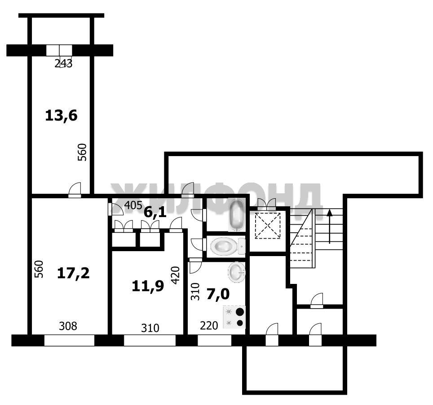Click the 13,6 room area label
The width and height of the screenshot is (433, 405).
click(61, 116)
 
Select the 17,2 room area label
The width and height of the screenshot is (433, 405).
click(73, 273)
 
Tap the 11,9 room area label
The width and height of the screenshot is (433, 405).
click(148, 286)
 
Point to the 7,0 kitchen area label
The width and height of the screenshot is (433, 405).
click(218, 295)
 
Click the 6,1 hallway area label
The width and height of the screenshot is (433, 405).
click(155, 212)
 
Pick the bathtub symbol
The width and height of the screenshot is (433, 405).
click(237, 215)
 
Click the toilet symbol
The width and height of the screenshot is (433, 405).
click(228, 246)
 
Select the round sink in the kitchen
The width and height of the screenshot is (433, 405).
click(237, 272)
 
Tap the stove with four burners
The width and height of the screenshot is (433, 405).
click(234, 317)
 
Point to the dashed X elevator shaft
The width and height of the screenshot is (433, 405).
click(268, 226)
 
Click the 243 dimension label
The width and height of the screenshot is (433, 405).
click(63, 64)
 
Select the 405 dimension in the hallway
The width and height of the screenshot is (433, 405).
click(133, 205)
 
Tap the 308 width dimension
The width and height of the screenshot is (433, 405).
click(68, 326)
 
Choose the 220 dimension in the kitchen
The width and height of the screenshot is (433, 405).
click(209, 326)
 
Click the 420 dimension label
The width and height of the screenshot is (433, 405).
click(175, 275)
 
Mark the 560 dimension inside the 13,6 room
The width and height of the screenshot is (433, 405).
click(82, 152)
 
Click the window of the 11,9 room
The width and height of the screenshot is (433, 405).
click(150, 340)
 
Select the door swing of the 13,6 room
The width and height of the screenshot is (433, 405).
click(75, 189)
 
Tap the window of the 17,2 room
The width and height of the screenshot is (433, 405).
click(69, 340)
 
